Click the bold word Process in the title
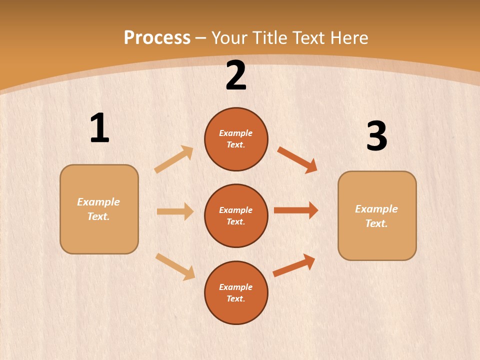pyautogui.click(x=157, y=37)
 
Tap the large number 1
pyautogui.click(x=99, y=128)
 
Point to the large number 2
pyautogui.click(x=236, y=76)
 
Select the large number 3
pyautogui.click(x=376, y=136)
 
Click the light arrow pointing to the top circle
pyautogui.click(x=174, y=159)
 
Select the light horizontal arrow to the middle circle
pyautogui.click(x=175, y=211)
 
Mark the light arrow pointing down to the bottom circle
pyautogui.click(x=175, y=266)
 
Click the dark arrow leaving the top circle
pyautogui.click(x=297, y=160)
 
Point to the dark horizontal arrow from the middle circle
pyautogui.click(x=296, y=210)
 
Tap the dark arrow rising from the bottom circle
pyautogui.click(x=294, y=265)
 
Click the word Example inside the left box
pyautogui.click(x=98, y=202)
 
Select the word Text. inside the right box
pyautogui.click(x=376, y=223)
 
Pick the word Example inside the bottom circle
pyautogui.click(x=235, y=287)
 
